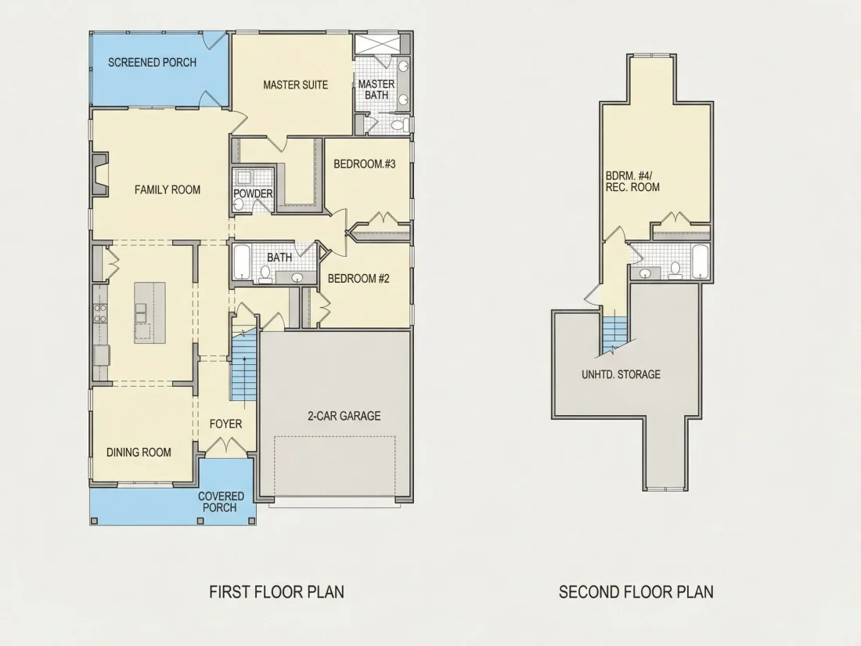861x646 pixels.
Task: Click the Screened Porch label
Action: (152, 63)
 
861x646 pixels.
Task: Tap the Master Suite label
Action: (295, 85)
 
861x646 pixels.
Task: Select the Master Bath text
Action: (376, 89)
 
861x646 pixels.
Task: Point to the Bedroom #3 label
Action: (365, 164)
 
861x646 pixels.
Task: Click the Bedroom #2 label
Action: (358, 279)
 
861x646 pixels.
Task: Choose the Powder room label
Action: (253, 193)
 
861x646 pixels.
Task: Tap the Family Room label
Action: (168, 190)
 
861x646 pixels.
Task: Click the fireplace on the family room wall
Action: (99, 174)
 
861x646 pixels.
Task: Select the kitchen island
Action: (150, 313)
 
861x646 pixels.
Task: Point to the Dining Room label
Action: (139, 453)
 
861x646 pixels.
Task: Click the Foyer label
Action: (225, 424)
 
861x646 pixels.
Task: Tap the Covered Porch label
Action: (221, 502)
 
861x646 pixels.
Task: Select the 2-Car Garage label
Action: (344, 416)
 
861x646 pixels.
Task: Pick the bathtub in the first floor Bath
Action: (242, 262)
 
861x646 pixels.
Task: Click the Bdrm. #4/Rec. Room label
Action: (632, 182)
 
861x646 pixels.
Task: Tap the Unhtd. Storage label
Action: (621, 374)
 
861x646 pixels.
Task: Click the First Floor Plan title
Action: (277, 592)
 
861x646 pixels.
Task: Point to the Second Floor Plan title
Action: (636, 592)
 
